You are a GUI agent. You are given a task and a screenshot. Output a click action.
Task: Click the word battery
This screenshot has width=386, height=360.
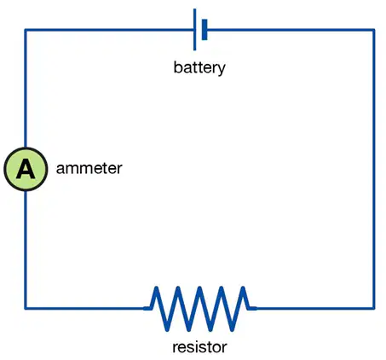click(x=199, y=67)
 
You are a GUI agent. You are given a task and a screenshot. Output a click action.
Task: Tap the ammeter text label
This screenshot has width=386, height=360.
click(x=89, y=168)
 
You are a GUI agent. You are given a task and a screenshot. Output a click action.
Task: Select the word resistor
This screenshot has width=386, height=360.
click(x=199, y=347)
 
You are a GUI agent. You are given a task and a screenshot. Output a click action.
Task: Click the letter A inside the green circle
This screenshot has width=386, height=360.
click(x=26, y=169)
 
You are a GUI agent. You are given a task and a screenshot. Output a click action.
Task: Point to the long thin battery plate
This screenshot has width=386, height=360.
click(x=194, y=30)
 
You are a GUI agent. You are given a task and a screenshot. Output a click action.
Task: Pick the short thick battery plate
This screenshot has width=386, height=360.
click(x=205, y=30)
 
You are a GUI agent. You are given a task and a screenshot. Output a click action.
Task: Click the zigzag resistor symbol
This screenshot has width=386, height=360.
click(x=200, y=309)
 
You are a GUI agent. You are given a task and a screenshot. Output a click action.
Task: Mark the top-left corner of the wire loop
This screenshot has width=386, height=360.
click(x=26, y=30)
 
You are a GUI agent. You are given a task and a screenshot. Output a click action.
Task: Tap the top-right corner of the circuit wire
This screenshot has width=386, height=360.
click(x=374, y=30)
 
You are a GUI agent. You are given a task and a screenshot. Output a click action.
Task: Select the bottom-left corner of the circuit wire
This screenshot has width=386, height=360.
click(x=26, y=308)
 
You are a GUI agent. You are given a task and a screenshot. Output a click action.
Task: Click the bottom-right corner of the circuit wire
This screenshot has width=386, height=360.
click(x=374, y=308)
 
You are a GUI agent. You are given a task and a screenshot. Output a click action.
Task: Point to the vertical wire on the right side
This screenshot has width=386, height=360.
click(x=374, y=169)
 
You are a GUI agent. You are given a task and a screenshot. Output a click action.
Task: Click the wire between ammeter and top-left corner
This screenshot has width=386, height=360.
click(x=26, y=88)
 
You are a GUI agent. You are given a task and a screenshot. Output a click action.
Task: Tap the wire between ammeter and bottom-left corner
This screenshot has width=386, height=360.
click(x=26, y=250)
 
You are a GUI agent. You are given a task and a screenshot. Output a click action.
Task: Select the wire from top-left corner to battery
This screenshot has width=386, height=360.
click(x=109, y=30)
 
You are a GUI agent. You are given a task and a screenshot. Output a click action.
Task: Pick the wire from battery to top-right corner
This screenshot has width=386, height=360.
click(x=291, y=30)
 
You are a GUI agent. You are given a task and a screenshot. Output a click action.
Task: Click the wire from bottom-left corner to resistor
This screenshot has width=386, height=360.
click(x=84, y=308)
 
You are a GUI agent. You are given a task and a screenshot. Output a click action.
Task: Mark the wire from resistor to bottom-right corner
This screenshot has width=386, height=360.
click(x=315, y=308)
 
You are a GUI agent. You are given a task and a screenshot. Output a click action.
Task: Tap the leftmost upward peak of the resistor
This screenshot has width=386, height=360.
click(x=156, y=287)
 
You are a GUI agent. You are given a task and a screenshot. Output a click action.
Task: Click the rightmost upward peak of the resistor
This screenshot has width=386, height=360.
click(x=243, y=287)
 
